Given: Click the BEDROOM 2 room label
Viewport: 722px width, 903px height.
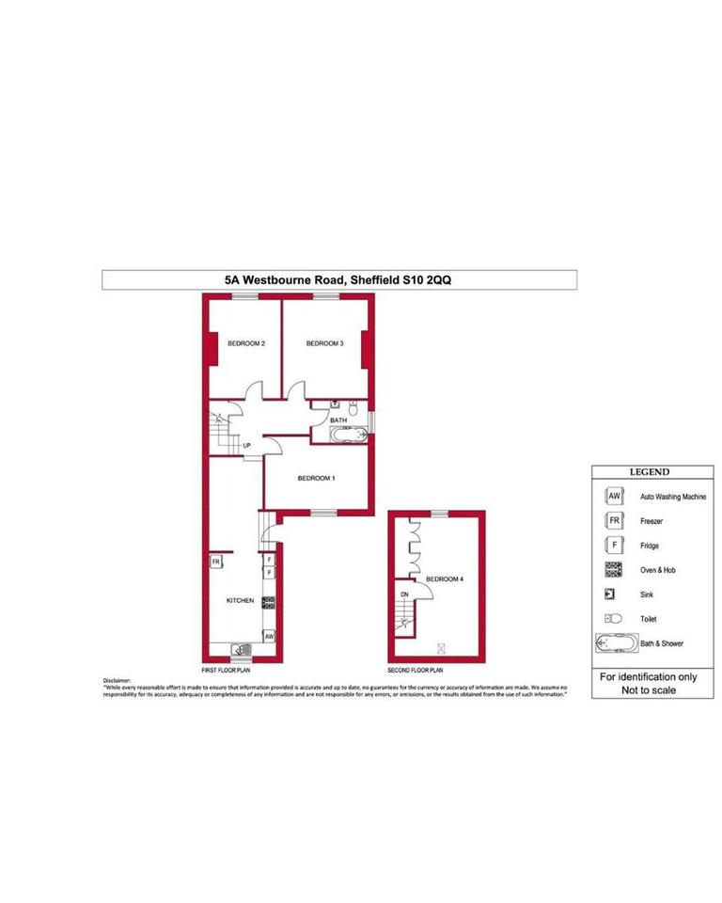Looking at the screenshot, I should [245, 344].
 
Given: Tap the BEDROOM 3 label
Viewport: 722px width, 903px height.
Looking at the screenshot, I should [324, 344].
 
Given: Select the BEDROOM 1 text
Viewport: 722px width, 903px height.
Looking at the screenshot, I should [317, 479].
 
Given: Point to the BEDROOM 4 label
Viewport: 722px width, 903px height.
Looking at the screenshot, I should [445, 579].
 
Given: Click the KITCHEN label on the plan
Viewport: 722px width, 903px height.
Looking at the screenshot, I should [240, 600].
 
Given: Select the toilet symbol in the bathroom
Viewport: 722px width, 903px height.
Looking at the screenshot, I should [352, 407].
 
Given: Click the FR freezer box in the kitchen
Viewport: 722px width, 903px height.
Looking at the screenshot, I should [215, 562].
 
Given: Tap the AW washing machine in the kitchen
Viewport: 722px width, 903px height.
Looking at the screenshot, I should [269, 636].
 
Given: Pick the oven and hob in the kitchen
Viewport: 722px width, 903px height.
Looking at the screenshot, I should [269, 601].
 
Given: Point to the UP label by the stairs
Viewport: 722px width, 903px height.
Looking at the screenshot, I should [247, 446].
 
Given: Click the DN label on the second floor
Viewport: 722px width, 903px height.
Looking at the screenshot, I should [404, 595].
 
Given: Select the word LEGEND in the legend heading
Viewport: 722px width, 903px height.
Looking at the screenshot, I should [649, 472].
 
